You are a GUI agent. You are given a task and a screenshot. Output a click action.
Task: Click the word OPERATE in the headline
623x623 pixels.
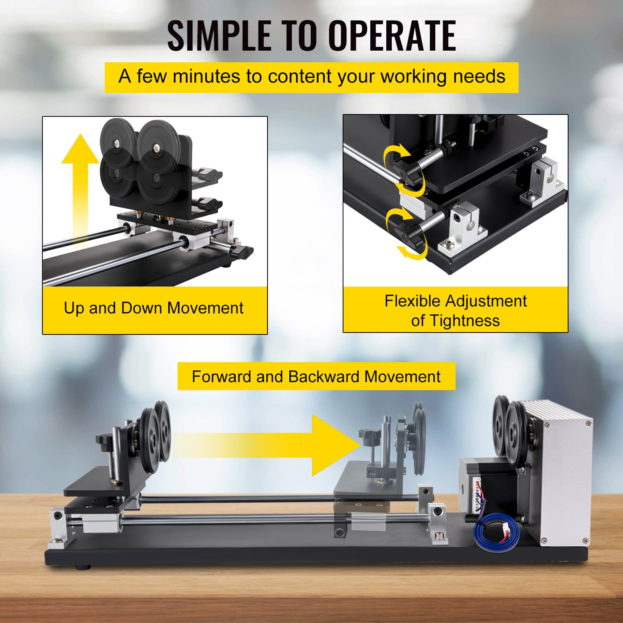click(392, 35)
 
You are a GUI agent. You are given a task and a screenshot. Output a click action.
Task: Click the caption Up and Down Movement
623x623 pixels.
click(153, 308)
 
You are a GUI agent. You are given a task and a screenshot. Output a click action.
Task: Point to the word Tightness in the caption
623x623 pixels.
click(465, 321)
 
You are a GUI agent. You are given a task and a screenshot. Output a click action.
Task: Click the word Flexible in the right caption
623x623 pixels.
click(412, 301)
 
